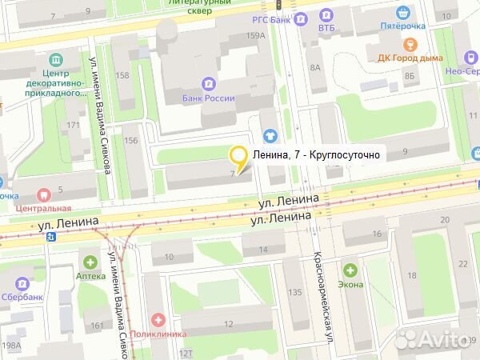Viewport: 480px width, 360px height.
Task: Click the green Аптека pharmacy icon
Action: (x=90, y=262)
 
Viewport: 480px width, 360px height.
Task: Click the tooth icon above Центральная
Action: (x=42, y=194)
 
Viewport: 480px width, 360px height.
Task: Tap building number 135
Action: (x=295, y=292)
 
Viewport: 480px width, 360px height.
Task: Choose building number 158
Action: (x=123, y=75)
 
